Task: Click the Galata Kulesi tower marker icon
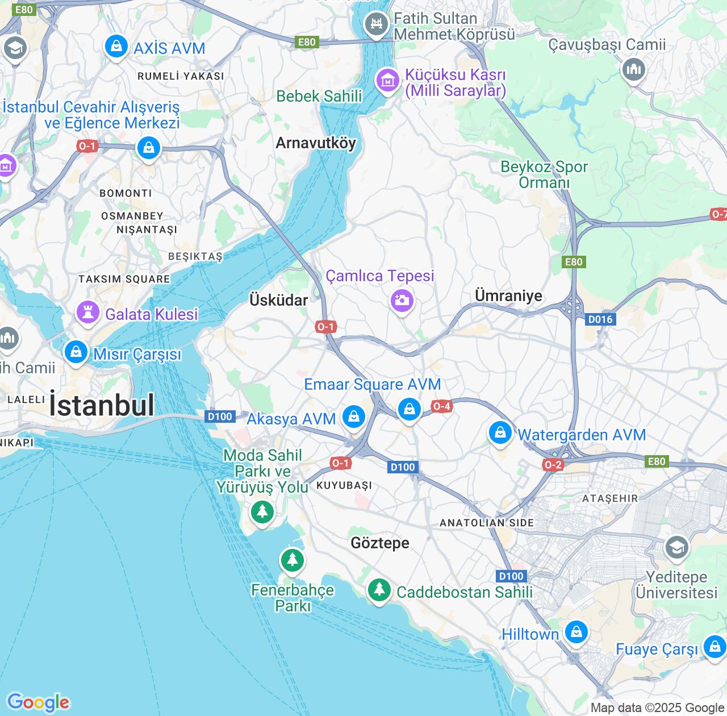click(x=88, y=313)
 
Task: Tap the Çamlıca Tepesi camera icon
click(x=402, y=299)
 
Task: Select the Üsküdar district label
click(x=279, y=300)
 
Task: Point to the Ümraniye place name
click(x=508, y=295)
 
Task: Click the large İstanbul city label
click(x=102, y=405)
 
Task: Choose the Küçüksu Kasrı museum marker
click(x=388, y=81)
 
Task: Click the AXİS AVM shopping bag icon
click(x=116, y=47)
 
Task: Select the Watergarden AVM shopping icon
click(x=500, y=433)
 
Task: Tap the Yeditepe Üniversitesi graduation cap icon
click(x=676, y=548)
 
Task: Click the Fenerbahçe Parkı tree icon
click(x=292, y=560)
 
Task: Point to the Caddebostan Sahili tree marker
click(x=379, y=589)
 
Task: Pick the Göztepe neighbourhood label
click(x=380, y=543)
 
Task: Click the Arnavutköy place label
click(x=316, y=143)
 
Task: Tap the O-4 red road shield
click(x=441, y=406)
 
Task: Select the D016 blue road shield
click(x=600, y=319)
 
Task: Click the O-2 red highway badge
click(x=553, y=465)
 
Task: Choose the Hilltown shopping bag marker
click(x=576, y=632)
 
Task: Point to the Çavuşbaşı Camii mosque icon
click(x=633, y=70)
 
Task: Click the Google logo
click(x=38, y=702)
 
